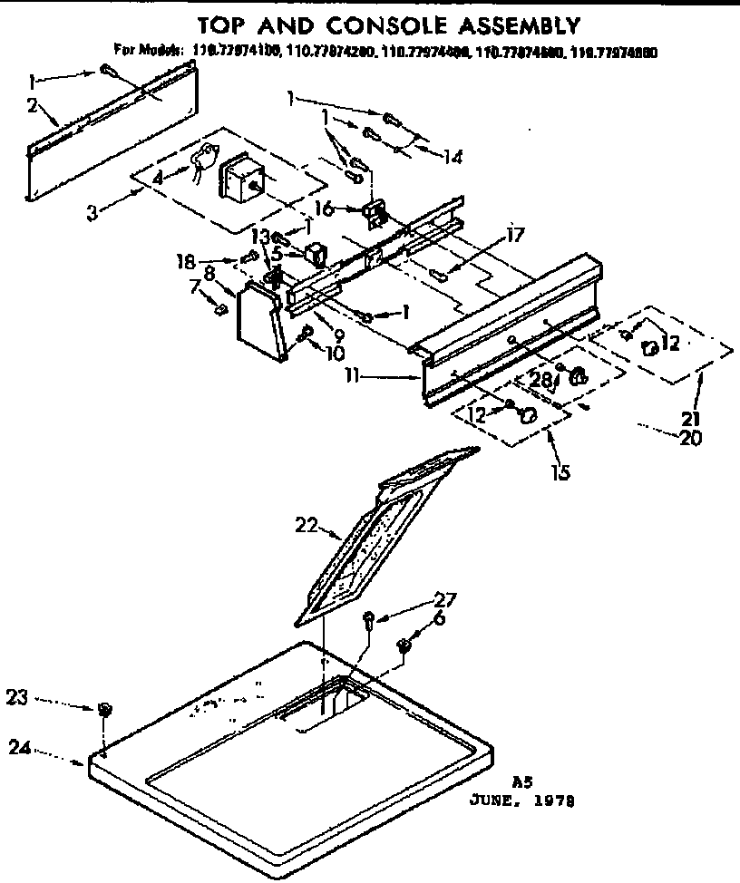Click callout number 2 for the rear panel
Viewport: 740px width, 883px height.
(x=32, y=106)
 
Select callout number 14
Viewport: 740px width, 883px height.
(x=453, y=157)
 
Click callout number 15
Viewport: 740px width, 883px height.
(x=560, y=471)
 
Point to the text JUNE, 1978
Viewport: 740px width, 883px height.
(x=521, y=801)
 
